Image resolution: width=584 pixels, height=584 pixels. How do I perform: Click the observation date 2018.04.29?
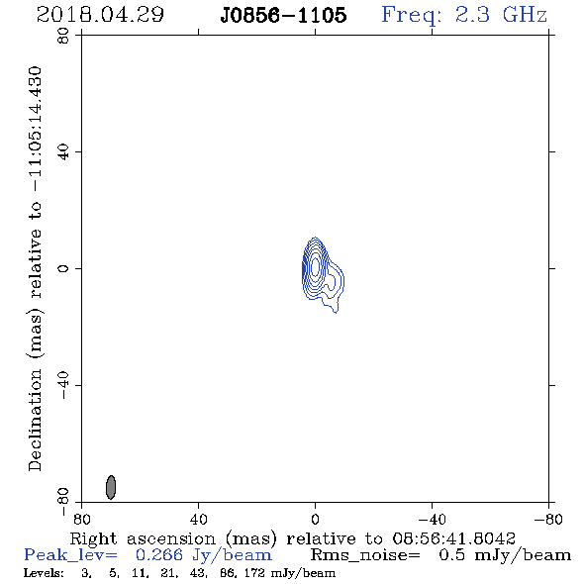tap(100, 15)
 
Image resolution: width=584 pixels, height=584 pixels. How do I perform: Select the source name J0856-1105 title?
tap(283, 16)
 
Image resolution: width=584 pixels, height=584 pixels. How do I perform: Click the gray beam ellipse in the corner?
tap(111, 487)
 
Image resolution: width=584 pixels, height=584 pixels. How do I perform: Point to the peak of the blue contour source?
tap(315, 266)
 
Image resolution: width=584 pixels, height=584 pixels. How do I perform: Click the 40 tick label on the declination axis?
tap(63, 151)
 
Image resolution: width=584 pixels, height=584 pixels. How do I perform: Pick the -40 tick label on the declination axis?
tap(63, 385)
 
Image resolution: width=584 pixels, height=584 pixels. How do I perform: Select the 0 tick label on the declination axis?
tap(63, 268)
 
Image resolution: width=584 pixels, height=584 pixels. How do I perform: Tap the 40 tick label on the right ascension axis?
tap(198, 519)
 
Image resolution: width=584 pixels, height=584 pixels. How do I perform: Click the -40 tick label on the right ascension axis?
tap(432, 519)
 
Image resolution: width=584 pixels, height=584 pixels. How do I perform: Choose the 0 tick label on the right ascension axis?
tap(315, 519)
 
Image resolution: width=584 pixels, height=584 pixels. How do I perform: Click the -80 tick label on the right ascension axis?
tap(548, 519)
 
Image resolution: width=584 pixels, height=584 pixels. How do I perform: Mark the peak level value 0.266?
tap(159, 555)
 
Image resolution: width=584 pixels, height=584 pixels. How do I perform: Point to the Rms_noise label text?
tap(365, 555)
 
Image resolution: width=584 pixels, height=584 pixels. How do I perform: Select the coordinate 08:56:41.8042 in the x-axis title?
tap(453, 538)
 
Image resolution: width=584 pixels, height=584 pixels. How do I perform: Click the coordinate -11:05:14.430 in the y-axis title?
tap(36, 130)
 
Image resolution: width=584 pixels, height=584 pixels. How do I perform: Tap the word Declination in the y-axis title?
tap(35, 420)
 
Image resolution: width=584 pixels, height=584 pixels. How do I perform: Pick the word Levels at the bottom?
tap(44, 572)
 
